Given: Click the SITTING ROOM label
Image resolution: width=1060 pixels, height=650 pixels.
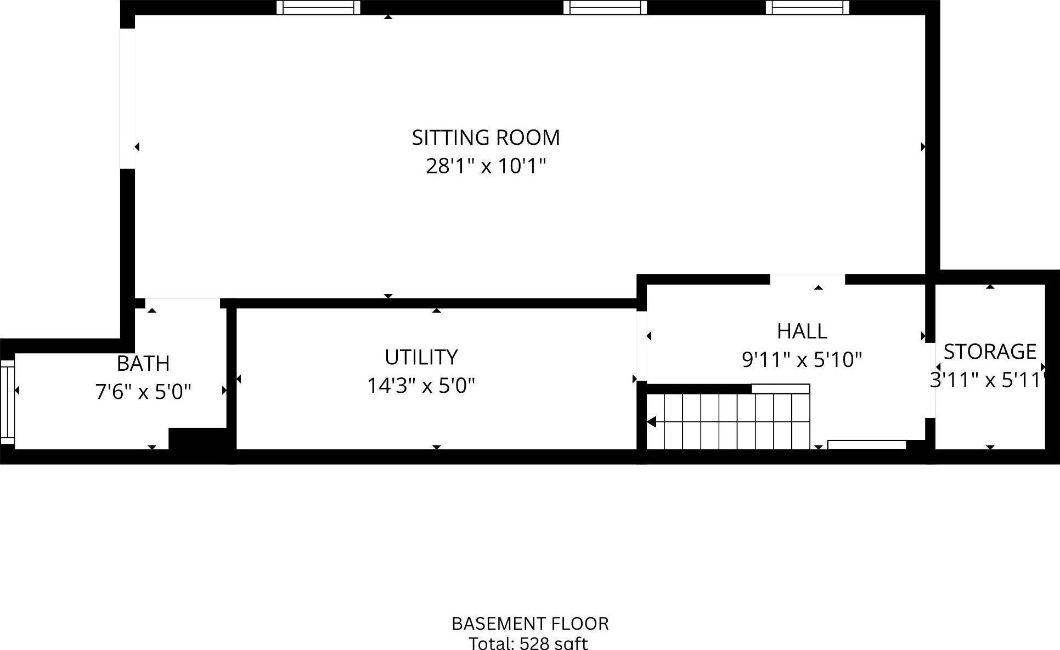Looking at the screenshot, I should coord(486,137).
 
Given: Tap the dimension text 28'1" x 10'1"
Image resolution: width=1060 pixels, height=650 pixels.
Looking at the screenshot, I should coord(486,166).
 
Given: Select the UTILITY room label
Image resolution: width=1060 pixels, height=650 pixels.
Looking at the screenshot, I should coord(421,357).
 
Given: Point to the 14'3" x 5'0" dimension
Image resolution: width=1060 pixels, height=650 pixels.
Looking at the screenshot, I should coord(421,386).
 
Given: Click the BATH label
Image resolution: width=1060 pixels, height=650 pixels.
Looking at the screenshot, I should coord(143,363).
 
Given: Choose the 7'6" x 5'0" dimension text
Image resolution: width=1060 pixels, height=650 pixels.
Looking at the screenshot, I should coord(143,392).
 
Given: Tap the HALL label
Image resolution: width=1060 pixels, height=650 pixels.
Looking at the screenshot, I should coord(802,331).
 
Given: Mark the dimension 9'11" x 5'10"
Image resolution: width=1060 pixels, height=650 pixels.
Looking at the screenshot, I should coord(802,360).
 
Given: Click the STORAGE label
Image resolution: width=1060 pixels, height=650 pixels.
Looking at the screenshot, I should coord(990,351).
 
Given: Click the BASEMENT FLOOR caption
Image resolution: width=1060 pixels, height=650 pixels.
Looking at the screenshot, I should coord(530,624).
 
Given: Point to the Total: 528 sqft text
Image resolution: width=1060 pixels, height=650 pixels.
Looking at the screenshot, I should coord(528,643).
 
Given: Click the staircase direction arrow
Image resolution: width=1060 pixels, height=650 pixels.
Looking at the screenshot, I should coord(652,422).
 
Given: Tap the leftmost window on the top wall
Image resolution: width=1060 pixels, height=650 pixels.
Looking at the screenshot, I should coord(318,7).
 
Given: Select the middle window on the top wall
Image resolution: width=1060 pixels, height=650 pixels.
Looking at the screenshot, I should coord(605,7).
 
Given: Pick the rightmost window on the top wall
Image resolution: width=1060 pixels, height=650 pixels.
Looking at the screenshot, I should coord(807,7).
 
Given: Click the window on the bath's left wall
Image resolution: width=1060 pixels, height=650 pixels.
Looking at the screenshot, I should coord(7,402).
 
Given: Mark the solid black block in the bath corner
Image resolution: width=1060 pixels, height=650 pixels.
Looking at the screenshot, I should coord(198,439).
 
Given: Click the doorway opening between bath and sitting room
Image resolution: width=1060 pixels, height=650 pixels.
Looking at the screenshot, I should coord(182,303).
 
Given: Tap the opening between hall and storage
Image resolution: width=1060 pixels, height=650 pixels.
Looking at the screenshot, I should coord(930,380).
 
